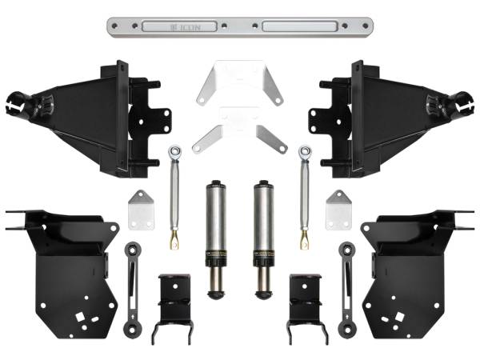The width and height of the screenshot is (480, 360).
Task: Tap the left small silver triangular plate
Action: click(x=142, y=210)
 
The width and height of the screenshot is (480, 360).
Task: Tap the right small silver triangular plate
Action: click(x=338, y=210)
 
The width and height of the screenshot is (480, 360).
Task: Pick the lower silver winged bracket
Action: click(x=240, y=128)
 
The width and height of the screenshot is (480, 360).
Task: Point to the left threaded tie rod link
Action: click(x=174, y=196)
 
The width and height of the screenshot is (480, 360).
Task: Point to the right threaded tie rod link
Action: click(x=305, y=196)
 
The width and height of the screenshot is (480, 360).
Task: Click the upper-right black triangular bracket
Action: click(x=384, y=116)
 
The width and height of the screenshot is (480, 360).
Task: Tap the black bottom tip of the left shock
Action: click(x=217, y=294)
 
